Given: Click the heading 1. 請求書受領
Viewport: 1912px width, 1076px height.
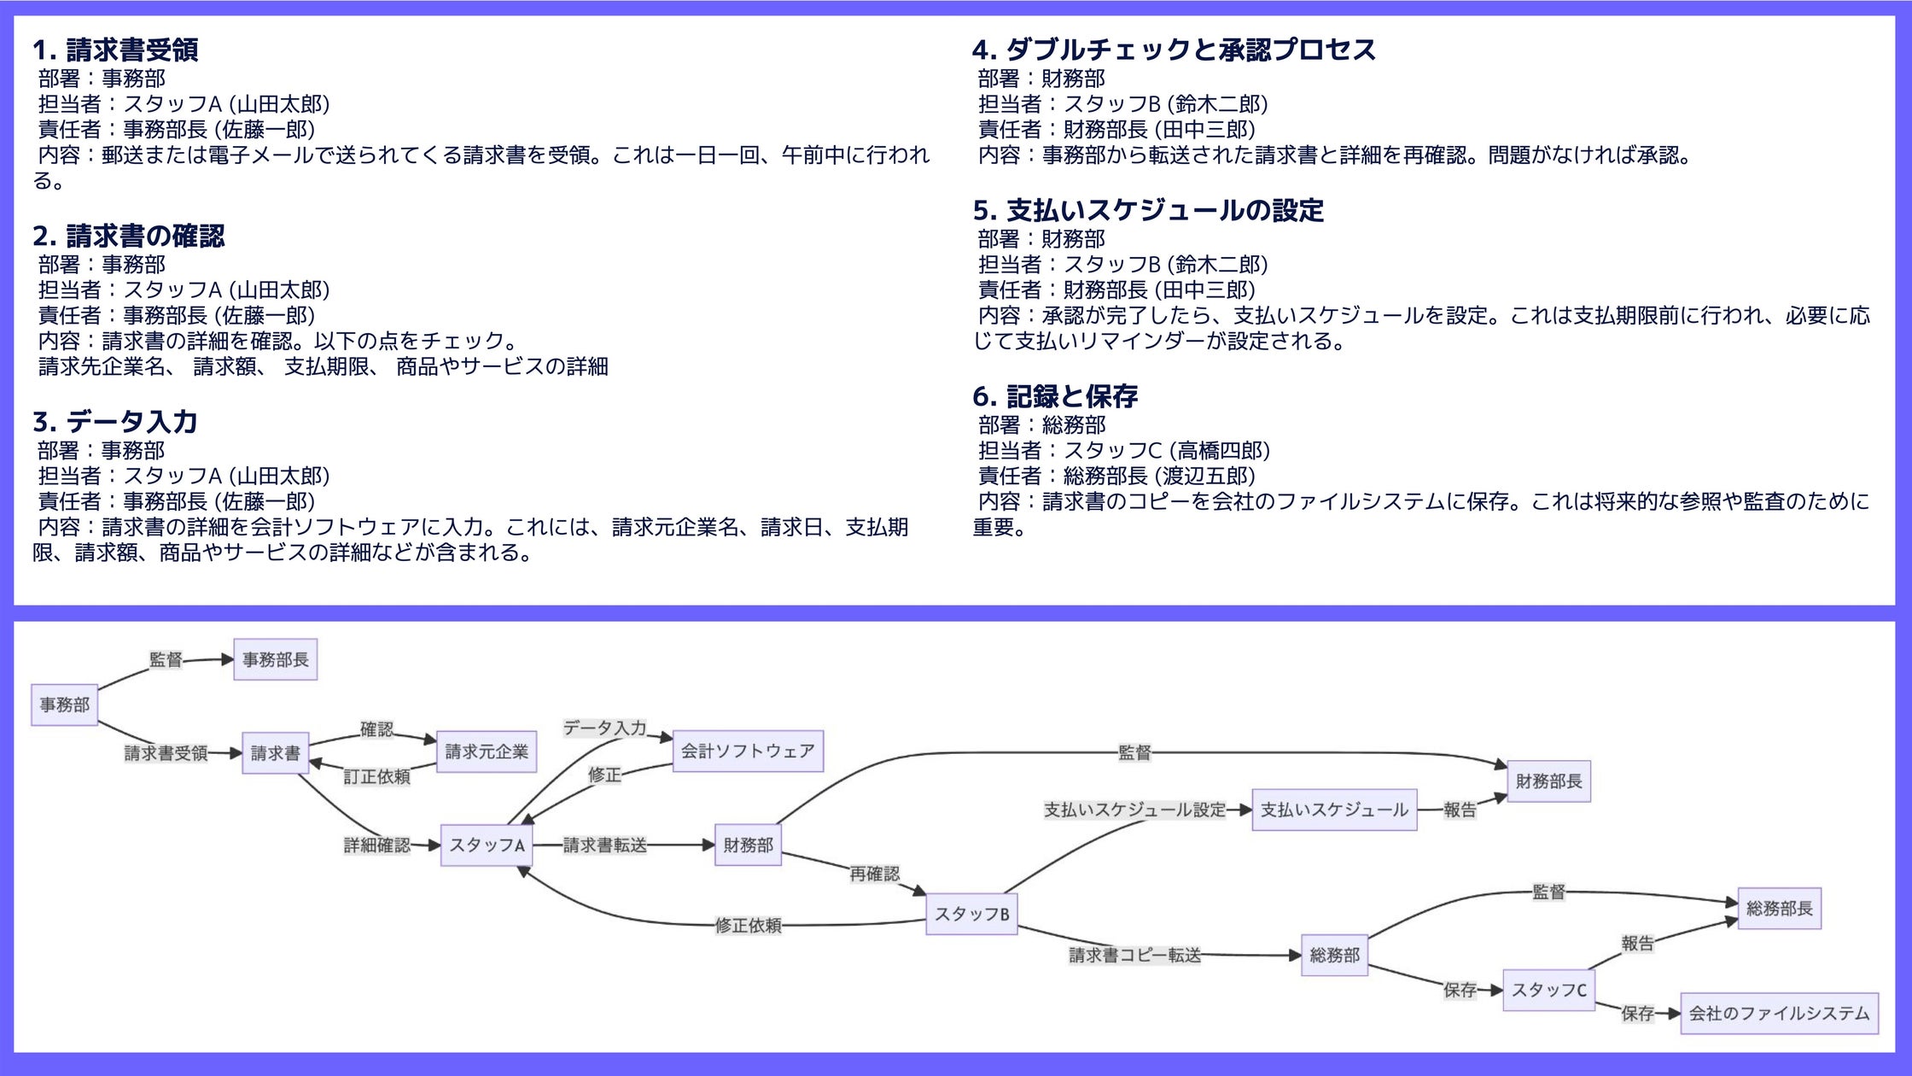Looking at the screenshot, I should click(115, 50).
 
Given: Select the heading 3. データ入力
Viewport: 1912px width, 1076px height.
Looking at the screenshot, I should click(115, 422).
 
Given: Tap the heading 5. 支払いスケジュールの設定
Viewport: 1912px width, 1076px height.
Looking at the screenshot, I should click(1148, 210).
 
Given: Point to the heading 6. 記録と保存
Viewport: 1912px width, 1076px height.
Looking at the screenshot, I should click(1055, 396).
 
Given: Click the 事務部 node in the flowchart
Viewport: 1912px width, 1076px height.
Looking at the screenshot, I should click(65, 705).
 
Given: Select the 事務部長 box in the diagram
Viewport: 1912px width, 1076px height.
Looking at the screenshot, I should click(275, 659).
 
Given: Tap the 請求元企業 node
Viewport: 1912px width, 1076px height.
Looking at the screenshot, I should click(487, 751).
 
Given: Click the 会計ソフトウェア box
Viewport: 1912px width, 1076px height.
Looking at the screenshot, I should click(748, 751).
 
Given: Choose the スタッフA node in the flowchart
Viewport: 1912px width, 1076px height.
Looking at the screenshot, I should click(487, 845).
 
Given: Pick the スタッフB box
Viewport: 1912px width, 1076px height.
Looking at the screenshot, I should click(971, 914).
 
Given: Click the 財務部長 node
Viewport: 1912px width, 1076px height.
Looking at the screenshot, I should click(1548, 781).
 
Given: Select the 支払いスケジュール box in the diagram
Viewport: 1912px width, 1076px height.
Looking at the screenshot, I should click(1334, 810).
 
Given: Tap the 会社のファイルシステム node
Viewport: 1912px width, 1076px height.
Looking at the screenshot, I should click(1779, 1013).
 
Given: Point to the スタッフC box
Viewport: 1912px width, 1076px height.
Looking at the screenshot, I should click(1548, 990).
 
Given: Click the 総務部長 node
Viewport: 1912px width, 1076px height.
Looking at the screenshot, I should click(1779, 908).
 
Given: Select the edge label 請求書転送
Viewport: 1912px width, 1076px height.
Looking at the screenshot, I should click(604, 845).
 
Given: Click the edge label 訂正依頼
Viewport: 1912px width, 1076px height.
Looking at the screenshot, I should click(376, 776).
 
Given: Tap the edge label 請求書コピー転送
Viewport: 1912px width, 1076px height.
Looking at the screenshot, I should click(1134, 955).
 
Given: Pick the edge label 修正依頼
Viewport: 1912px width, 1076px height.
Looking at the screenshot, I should click(748, 925).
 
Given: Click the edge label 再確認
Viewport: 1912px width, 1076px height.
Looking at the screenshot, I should click(874, 874).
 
